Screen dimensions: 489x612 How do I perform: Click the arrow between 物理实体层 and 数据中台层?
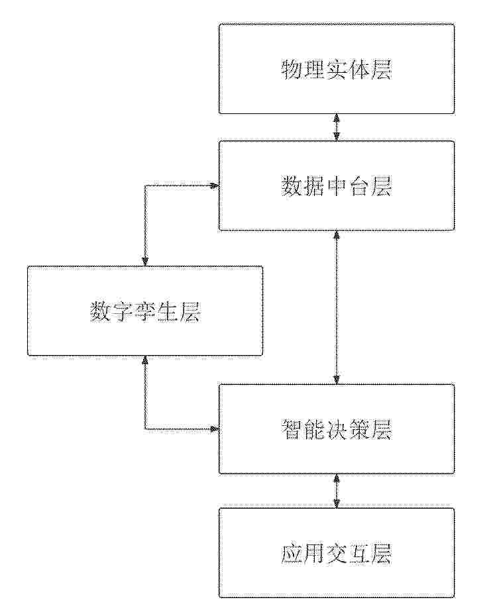337,127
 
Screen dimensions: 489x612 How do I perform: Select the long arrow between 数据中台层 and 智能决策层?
337,307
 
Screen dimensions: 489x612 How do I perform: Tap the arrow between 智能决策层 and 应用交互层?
337,491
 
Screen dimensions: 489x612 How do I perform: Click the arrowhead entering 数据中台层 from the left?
213,185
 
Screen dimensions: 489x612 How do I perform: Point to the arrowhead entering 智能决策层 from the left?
213,429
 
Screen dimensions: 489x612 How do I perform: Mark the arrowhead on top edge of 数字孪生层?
145,261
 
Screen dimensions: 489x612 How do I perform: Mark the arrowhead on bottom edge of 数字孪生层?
145,361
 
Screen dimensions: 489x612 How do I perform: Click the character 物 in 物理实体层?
292,70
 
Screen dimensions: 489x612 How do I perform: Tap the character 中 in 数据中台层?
337,186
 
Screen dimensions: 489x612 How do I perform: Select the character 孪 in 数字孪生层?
145,311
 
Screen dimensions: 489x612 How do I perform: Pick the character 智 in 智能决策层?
292,429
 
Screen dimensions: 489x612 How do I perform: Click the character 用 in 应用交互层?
314,554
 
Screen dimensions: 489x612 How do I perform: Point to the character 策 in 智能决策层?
358,429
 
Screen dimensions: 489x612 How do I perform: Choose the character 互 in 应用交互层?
358,554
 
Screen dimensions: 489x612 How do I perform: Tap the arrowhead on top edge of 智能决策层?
337,380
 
